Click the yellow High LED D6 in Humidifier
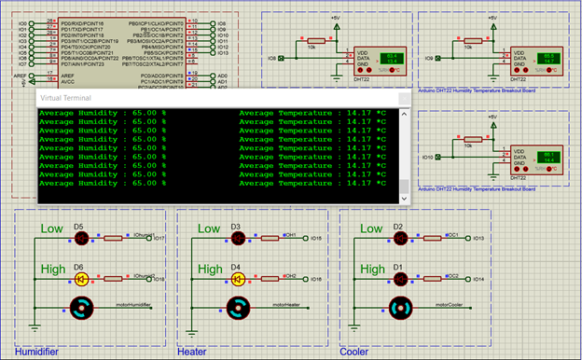pos(81,277)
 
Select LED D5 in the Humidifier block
pos(81,238)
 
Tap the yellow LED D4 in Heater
pos(240,277)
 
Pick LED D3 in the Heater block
pos(240,238)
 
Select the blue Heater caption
pos(192,352)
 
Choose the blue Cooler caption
pos(353,352)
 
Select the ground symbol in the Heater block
pos(193,327)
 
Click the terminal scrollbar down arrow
pos(404,199)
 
